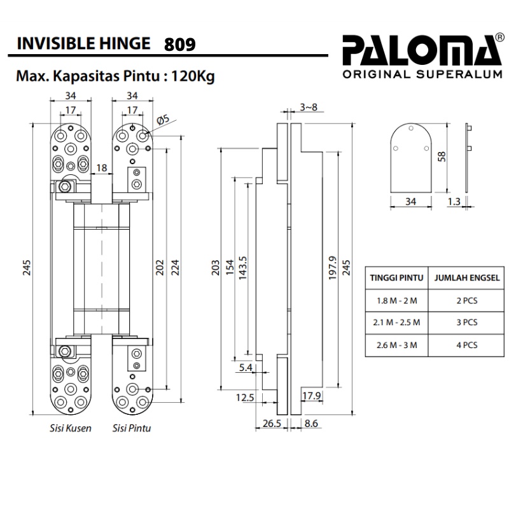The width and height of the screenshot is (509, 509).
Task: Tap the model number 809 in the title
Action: pyautogui.click(x=179, y=45)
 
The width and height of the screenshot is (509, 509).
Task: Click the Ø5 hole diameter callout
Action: pyautogui.click(x=162, y=119)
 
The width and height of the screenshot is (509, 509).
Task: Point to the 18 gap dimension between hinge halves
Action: pyautogui.click(x=101, y=168)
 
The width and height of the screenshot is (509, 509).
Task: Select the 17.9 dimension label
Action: pyautogui.click(x=311, y=397)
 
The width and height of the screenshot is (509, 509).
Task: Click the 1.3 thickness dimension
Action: pyautogui.click(x=471, y=202)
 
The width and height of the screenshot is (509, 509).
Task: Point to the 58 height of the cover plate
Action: pyautogui.click(x=442, y=156)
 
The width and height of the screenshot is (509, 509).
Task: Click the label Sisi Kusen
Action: pyautogui.click(x=70, y=428)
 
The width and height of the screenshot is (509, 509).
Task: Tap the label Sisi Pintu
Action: pyautogui.click(x=131, y=428)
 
